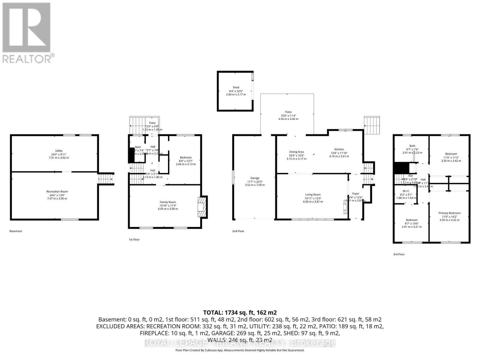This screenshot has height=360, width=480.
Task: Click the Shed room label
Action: tap(236, 88)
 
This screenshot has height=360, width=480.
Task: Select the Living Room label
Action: tap(313, 195)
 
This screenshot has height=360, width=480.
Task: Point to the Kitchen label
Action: tap(339, 149)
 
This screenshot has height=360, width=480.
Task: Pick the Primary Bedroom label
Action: tap(449, 213)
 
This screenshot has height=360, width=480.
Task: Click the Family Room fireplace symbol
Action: tap(202, 206)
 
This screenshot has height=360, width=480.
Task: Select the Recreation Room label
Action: tap(57, 191)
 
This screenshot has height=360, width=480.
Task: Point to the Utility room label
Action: tap(59, 151)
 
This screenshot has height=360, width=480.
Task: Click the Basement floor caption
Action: tap(16, 231)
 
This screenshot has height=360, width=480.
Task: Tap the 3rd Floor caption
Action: tap(399, 254)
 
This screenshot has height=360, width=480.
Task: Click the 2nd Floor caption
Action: tap(238, 231)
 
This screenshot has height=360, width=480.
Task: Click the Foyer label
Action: tap(355, 194)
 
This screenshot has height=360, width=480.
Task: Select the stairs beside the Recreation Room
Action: tap(106, 179)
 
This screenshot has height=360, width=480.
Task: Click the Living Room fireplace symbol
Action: tap(345, 207)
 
